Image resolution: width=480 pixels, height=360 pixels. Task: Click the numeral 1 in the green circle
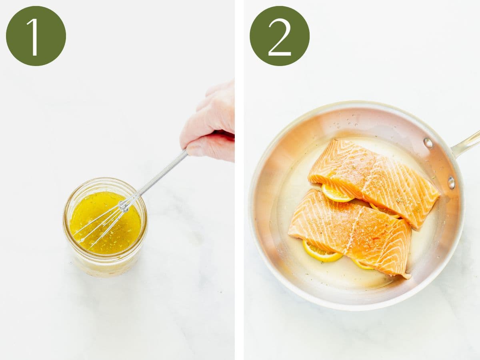pos(33,37)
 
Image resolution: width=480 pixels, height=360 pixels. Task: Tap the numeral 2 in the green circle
pos(280,37)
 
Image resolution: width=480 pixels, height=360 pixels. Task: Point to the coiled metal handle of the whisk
pos(162,172)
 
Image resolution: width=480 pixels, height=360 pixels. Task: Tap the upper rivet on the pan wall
pos(428,143)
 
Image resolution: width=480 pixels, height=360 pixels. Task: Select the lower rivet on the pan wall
pos(451,183)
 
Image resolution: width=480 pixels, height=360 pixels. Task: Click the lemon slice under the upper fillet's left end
pos(334,193)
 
